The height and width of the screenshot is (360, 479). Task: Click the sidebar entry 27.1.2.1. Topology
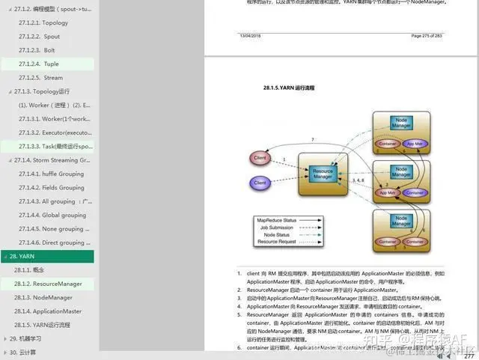pos(45,22)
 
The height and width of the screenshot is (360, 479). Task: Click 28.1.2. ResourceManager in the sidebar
pos(48,284)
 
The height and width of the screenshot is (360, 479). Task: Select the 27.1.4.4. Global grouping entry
pos(51,215)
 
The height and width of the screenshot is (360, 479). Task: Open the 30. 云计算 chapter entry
pos(23,352)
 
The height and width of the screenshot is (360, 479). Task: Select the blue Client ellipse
pos(260,183)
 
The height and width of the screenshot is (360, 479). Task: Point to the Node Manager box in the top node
pos(402,123)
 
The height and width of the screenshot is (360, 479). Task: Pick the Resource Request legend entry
pos(277,242)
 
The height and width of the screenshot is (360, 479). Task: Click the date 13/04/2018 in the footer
pos(251,36)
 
